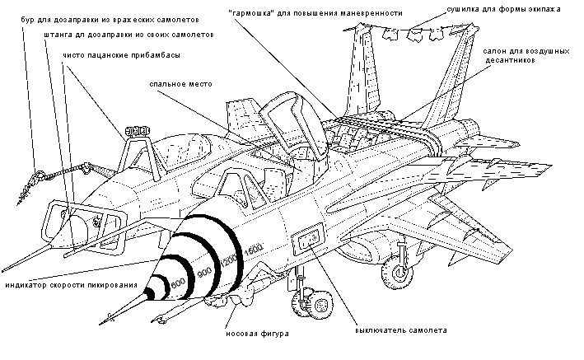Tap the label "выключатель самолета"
[401, 329]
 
